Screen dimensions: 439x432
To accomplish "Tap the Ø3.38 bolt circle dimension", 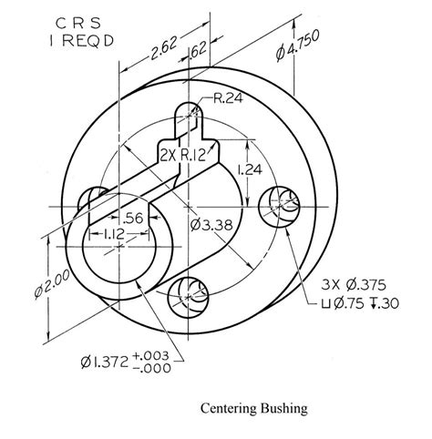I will (x=212, y=224).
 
